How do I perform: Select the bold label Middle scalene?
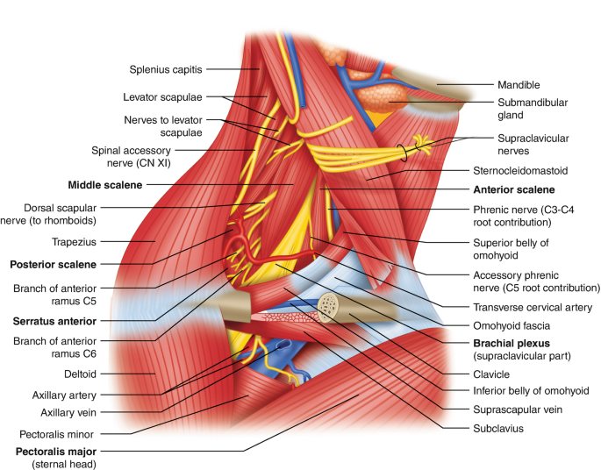(105, 185)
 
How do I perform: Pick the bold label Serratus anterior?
(54, 321)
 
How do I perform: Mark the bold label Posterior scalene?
(53, 263)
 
